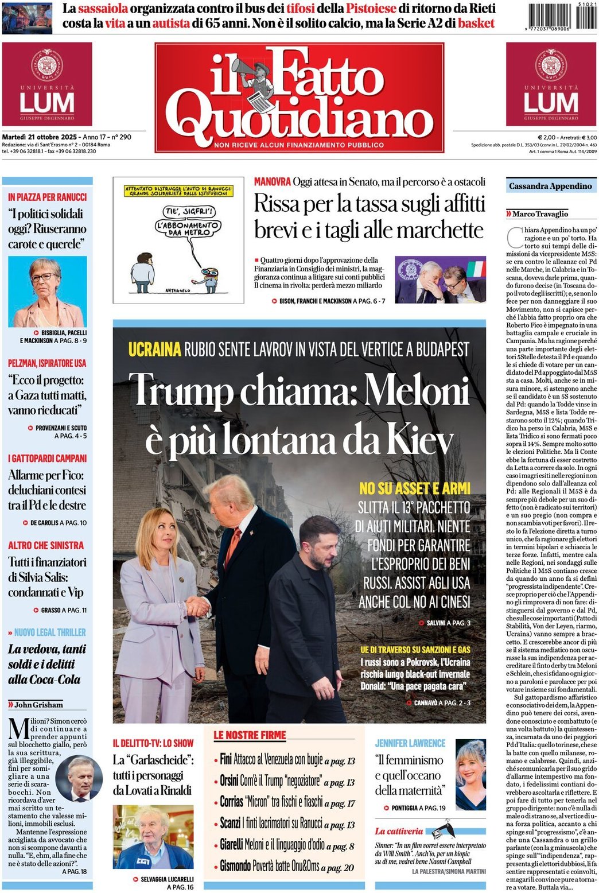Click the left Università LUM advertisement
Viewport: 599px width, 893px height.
(x=47, y=84)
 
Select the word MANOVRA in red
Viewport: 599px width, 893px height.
(x=272, y=182)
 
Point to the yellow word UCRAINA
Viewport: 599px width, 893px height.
(x=154, y=349)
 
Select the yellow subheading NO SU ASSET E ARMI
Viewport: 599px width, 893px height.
(x=414, y=488)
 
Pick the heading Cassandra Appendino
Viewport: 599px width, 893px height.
(x=550, y=186)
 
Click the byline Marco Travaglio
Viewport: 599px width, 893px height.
(x=540, y=214)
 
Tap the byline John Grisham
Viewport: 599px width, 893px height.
(x=38, y=704)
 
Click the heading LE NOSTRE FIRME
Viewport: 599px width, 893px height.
(x=250, y=735)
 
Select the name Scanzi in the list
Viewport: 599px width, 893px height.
(x=230, y=823)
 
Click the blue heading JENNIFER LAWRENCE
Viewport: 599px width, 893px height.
(x=410, y=743)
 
